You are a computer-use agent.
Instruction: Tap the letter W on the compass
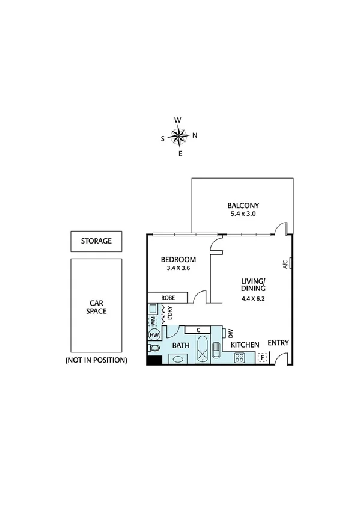(178, 120)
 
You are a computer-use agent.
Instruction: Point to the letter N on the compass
(195, 135)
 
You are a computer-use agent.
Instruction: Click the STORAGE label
(96, 241)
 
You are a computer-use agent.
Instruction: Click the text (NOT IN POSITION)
(96, 360)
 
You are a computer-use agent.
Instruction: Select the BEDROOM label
(179, 259)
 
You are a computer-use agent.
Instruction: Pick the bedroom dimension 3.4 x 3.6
(179, 269)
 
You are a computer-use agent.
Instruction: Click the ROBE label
(168, 297)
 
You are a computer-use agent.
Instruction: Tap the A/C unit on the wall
(290, 263)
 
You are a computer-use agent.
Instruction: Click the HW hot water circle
(154, 334)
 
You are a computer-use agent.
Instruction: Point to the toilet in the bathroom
(154, 348)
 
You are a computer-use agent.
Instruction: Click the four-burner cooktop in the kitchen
(240, 358)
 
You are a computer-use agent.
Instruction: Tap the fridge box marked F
(261, 358)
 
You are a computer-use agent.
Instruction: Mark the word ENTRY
(278, 343)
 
